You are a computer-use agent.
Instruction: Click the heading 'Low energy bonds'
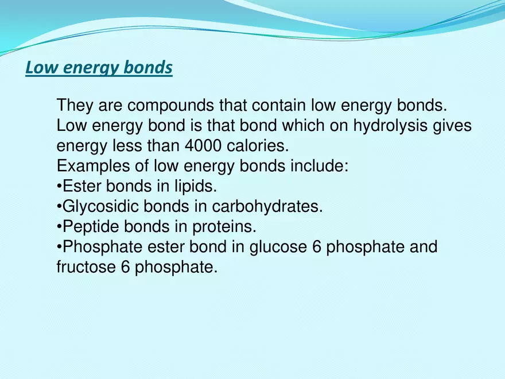point(99,68)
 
